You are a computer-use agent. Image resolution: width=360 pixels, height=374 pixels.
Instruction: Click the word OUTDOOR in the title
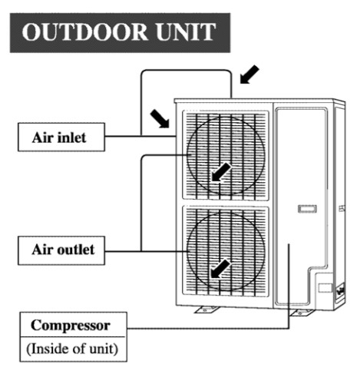(84, 32)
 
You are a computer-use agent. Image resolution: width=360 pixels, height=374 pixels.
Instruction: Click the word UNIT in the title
(186, 32)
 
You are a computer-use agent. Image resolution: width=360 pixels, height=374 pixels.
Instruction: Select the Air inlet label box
(61, 137)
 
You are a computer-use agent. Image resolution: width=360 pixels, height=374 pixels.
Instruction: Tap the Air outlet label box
(61, 250)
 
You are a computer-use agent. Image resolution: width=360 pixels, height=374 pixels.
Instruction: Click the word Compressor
(71, 326)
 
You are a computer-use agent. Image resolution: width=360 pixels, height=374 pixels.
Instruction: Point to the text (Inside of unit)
(72, 349)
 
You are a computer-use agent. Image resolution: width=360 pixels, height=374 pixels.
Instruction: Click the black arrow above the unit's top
(249, 74)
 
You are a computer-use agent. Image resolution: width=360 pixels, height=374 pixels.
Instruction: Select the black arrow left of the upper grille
(160, 118)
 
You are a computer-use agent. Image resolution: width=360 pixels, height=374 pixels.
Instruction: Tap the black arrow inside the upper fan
(221, 172)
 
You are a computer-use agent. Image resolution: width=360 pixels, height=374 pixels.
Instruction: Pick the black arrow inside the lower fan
(220, 269)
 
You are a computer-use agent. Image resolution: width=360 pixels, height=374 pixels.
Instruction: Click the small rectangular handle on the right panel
(307, 209)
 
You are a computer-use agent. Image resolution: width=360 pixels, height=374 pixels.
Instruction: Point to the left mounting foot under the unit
(206, 309)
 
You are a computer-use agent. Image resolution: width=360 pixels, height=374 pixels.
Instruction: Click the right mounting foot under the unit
(302, 313)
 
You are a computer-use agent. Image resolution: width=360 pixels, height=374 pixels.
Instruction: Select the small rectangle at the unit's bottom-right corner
(325, 288)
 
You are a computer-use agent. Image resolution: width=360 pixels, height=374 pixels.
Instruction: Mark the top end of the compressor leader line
(289, 244)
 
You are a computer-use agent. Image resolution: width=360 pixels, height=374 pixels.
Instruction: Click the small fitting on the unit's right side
(342, 208)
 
